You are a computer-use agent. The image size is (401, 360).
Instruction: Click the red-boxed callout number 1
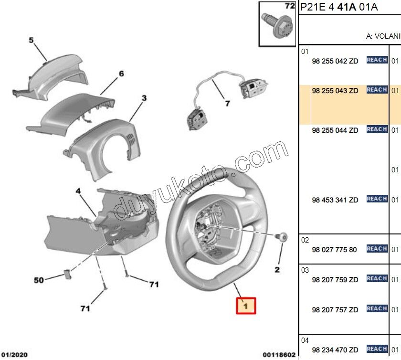click(x=246, y=306)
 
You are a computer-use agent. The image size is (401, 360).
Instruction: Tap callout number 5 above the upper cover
click(x=32, y=41)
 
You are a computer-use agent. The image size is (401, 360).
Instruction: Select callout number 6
click(x=121, y=74)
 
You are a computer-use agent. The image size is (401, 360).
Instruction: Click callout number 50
click(x=39, y=280)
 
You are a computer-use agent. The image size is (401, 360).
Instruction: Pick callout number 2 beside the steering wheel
click(x=276, y=270)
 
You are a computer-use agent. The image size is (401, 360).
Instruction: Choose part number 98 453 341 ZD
click(x=335, y=200)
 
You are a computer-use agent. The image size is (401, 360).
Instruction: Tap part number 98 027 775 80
click(x=334, y=250)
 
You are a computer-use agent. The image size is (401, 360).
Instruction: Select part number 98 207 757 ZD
click(x=335, y=310)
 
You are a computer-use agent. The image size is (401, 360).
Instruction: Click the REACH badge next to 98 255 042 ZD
click(x=377, y=60)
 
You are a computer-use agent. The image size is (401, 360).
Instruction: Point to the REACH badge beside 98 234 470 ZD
click(x=377, y=349)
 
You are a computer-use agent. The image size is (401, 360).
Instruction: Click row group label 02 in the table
click(x=305, y=240)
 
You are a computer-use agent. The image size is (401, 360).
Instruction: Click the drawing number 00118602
click(x=279, y=355)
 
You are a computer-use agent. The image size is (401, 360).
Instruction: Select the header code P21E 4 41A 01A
click(x=339, y=7)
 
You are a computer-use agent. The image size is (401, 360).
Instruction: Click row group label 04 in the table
click(x=305, y=340)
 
